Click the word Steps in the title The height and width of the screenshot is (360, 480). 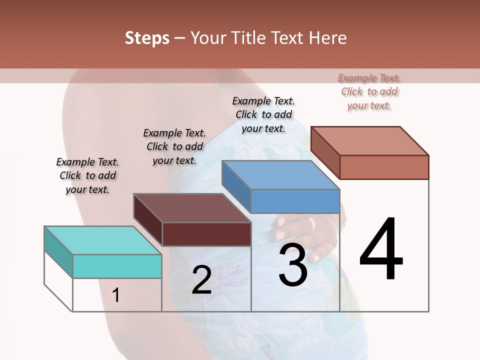[x=147, y=38]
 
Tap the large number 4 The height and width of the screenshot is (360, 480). [x=381, y=250]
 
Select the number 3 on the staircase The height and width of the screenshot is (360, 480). [x=293, y=265]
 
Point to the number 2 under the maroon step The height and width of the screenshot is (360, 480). [x=201, y=280]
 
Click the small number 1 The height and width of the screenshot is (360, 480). [x=115, y=295]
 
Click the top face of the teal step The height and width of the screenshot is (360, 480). [x=102, y=240]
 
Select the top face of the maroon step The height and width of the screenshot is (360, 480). [x=192, y=207]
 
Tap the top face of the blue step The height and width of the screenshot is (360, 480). [x=280, y=174]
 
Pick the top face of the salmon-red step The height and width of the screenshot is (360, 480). [x=370, y=140]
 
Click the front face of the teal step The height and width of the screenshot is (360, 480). [x=117, y=266]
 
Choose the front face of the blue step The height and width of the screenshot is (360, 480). [x=295, y=201]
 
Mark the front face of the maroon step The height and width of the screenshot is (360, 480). [x=206, y=234]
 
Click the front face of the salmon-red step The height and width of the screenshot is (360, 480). [x=384, y=167]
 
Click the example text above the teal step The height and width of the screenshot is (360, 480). [x=87, y=175]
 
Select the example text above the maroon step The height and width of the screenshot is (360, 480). [x=174, y=146]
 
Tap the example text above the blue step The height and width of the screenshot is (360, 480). [x=263, y=114]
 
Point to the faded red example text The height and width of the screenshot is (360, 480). [x=369, y=91]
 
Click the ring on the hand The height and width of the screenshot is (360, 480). [x=311, y=223]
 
